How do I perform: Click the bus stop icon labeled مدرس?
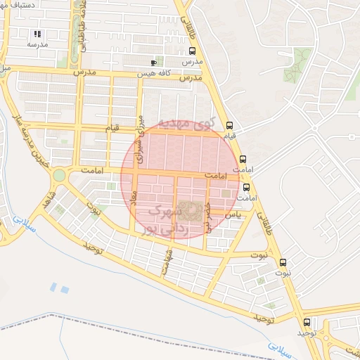193,51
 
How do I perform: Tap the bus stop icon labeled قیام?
230,125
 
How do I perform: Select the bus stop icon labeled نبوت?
283,262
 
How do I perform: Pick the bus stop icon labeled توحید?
306,321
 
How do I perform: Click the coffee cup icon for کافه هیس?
153,63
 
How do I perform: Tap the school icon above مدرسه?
37,33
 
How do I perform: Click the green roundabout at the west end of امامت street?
59,174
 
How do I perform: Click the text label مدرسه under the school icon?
37,44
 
